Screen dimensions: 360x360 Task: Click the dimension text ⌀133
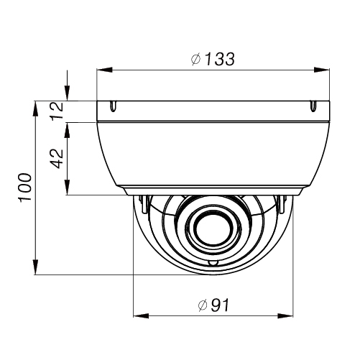click(x=213, y=60)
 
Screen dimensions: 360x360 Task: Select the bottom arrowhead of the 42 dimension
click(x=67, y=190)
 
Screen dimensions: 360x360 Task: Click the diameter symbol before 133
click(x=195, y=60)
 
